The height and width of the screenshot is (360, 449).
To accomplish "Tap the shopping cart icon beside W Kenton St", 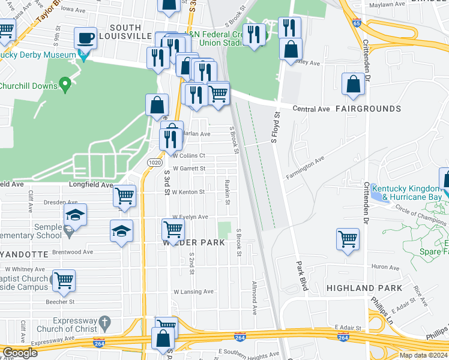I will tap(124, 196).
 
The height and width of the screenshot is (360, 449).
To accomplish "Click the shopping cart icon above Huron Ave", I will tap(348, 239).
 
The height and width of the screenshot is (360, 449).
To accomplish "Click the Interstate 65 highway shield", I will tap(357, 24).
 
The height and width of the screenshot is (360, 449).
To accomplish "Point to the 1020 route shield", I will tap(154, 163).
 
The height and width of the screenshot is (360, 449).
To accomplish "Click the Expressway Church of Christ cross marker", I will tap(105, 322).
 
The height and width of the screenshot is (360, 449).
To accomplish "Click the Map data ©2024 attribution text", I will tap(423, 355).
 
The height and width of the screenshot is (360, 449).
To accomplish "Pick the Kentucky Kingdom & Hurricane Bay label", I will tap(412, 192).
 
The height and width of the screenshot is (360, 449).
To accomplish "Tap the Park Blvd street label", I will tap(301, 275).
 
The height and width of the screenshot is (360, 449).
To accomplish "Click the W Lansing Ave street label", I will tap(193, 292).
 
